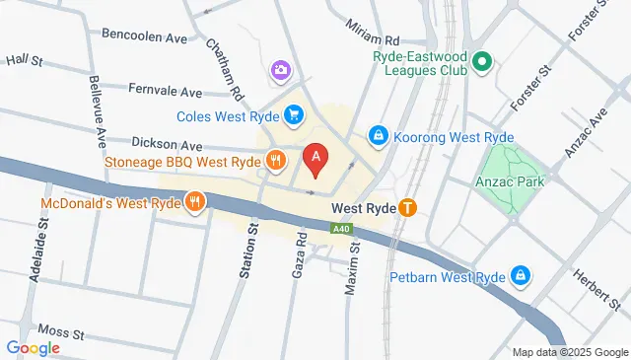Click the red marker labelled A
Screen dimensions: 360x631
(315, 157)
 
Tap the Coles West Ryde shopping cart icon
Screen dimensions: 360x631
(293, 116)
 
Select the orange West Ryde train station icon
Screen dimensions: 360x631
(407, 208)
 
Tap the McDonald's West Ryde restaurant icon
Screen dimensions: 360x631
(197, 203)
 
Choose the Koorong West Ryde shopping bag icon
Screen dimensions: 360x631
(378, 135)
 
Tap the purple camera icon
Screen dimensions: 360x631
(281, 70)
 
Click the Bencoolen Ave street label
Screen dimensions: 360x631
(144, 37)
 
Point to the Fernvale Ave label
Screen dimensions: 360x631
(166, 90)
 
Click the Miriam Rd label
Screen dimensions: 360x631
(373, 40)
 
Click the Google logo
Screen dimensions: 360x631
(33, 347)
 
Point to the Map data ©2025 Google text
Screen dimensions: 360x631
(570, 352)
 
